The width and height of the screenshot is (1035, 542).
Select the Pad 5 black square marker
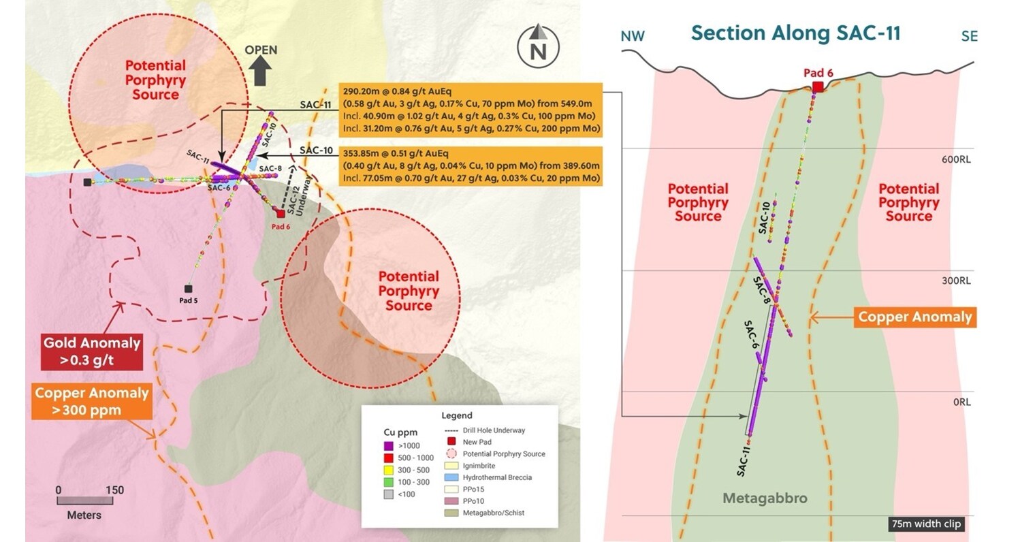pos(189,289)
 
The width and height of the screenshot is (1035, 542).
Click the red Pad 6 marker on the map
pos(281,214)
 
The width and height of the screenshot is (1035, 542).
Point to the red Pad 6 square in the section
pos(818,86)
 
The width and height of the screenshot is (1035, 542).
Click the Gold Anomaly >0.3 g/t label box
pos(92,351)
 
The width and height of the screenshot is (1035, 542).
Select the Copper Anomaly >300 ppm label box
pos(92,402)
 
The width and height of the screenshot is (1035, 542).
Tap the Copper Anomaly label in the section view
pos(914,317)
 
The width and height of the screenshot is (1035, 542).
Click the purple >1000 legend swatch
pos(389,446)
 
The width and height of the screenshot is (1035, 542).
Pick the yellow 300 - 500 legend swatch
pos(389,470)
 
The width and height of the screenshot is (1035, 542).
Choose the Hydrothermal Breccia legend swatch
pos(451,477)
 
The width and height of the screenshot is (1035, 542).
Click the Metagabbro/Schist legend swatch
pos(451,513)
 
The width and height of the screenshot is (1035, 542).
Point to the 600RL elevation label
pos(955,159)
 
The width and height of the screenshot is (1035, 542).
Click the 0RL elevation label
pos(961,402)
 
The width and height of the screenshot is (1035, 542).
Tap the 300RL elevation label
pos(955,281)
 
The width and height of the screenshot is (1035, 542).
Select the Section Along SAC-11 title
pos(795,33)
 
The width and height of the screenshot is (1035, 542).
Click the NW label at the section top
pos(633,37)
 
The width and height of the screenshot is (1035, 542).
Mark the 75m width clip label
pos(925,524)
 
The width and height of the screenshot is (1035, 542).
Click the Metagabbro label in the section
pos(765,498)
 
